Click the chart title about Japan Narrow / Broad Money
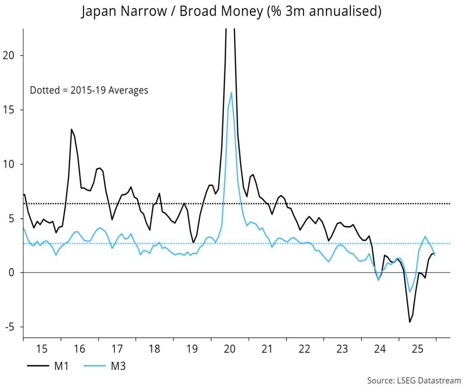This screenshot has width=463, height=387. [x=231, y=12]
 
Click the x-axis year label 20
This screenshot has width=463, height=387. [x=229, y=349]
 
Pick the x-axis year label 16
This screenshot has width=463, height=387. [x=79, y=349]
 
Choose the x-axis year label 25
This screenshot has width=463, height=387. [x=417, y=349]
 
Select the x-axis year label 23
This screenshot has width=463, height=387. [x=342, y=349]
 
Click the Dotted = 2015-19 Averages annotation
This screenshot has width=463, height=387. [x=89, y=90]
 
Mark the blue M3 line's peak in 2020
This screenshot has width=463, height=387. [x=231, y=93]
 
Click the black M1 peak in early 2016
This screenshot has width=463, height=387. [x=71, y=129]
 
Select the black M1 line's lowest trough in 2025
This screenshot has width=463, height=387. [x=410, y=322]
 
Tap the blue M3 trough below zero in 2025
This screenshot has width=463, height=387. [x=410, y=292]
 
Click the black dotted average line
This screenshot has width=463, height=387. [x=317, y=204]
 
